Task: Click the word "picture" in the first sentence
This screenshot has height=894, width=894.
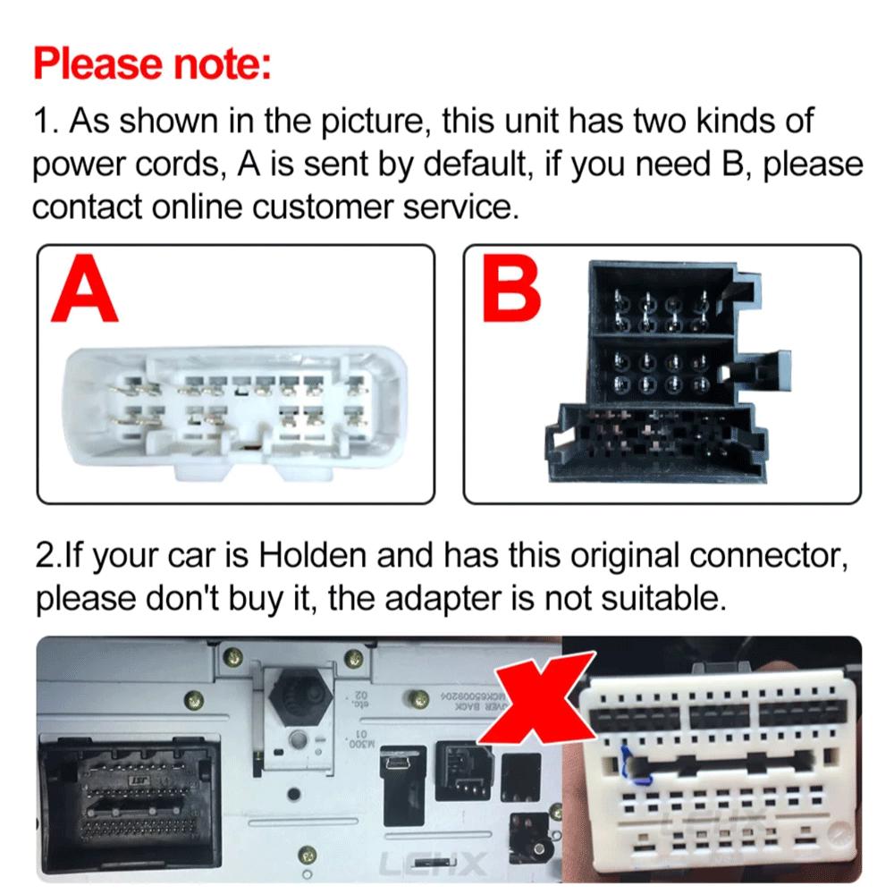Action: pyautogui.click(x=366, y=121)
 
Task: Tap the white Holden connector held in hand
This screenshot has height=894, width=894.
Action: pyautogui.click(x=715, y=769)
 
